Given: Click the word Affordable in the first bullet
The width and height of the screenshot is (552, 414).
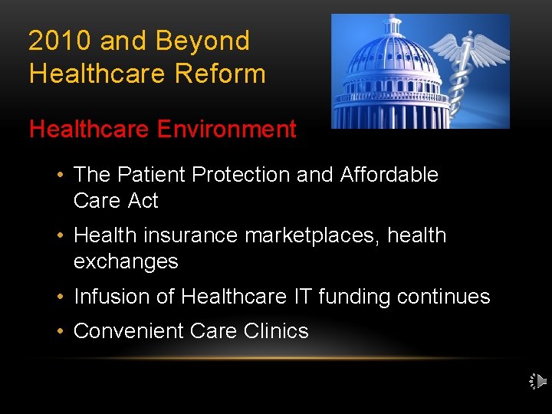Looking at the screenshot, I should pos(389,175).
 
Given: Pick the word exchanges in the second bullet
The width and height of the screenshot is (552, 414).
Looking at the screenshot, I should pos(126,261).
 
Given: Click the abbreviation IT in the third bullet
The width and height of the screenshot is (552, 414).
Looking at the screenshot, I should pos(300,297).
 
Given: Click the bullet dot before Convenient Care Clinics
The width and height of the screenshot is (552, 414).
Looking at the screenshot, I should pos(60,331).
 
